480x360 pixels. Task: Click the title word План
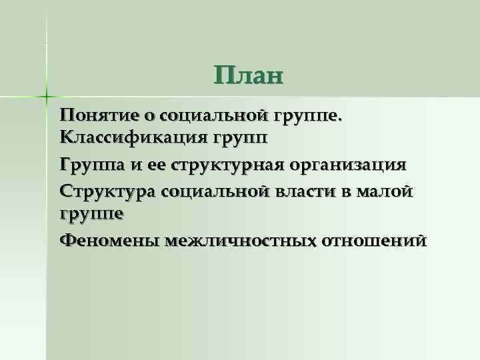pyautogui.click(x=249, y=75)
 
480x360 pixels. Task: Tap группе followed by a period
pyautogui.click(x=307, y=116)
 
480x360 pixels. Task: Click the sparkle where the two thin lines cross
pyautogui.click(x=47, y=95)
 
